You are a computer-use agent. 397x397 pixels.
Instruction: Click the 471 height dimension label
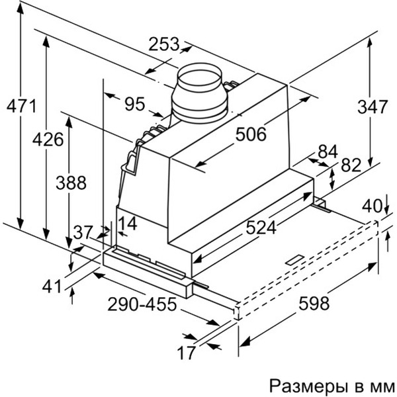[20, 105]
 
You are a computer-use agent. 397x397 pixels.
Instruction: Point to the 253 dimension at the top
[164, 44]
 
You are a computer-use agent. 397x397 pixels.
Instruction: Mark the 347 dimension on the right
[371, 106]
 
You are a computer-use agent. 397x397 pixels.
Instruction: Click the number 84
[328, 151]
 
